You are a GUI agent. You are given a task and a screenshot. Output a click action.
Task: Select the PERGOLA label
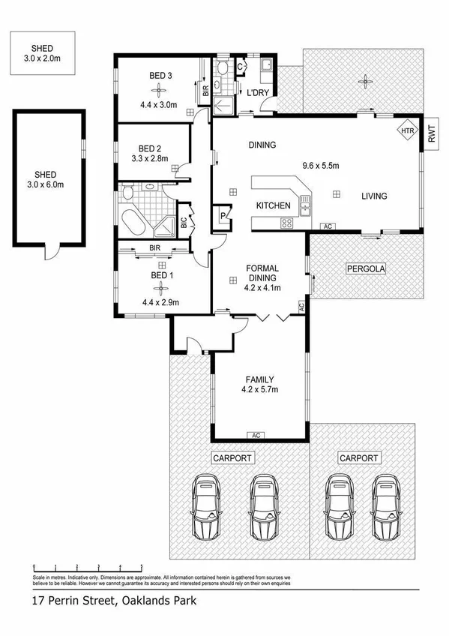point(364,268)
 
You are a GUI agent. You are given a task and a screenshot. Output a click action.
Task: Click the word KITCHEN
point(274,205)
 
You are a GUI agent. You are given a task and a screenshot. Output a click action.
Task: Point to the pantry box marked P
point(223,214)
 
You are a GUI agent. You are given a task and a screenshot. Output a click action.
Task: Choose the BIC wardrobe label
point(183,222)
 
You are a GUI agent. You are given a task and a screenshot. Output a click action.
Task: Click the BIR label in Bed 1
point(156,247)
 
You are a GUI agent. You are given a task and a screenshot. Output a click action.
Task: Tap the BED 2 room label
point(151,148)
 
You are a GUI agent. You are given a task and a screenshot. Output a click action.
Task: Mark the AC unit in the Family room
point(256,435)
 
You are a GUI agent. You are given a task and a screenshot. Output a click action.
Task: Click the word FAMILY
point(259,379)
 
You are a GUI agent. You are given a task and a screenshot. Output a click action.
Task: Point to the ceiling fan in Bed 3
point(157,86)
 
